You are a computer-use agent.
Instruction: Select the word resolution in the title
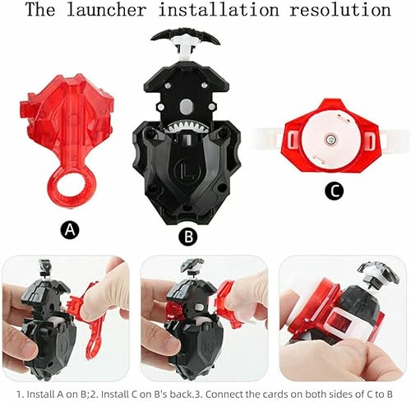coord(344,11)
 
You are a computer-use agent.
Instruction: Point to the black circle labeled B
coord(188,237)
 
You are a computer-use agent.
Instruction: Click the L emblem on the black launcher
coord(191,177)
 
